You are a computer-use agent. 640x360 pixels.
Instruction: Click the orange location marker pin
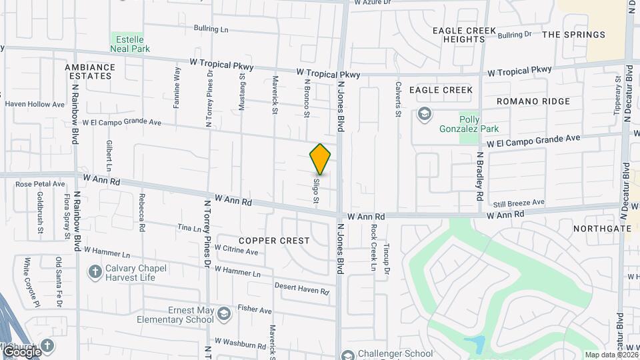320,159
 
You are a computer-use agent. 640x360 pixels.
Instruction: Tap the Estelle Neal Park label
131,43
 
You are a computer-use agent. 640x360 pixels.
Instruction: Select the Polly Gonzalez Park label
469,123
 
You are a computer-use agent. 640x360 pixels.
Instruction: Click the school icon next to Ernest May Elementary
225,313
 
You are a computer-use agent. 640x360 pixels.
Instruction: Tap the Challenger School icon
347,354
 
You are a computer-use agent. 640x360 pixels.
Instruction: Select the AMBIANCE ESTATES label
90,71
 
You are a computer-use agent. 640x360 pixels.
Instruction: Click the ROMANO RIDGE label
533,101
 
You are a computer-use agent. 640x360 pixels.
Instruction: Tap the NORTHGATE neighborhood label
602,228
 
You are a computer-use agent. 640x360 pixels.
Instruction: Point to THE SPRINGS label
573,35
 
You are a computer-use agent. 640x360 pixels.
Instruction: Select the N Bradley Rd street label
479,176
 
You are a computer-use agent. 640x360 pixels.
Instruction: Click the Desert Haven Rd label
302,289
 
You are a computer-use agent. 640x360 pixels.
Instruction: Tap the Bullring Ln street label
211,29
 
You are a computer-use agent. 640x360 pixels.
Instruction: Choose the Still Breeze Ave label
519,202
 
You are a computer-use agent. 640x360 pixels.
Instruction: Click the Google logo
22,351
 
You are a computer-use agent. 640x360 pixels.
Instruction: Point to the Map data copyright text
611,355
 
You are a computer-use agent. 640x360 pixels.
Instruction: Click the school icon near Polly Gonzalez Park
424,115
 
